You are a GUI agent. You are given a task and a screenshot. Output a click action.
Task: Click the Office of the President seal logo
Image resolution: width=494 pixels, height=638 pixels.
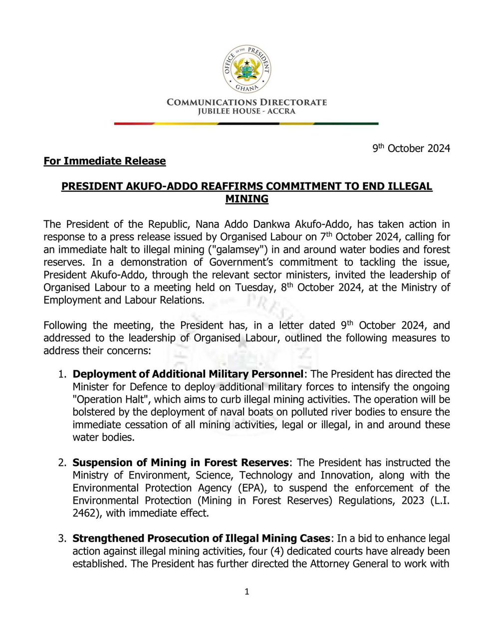click(x=247, y=68)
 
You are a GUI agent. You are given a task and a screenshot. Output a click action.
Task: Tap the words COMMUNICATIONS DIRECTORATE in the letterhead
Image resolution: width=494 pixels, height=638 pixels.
click(x=247, y=102)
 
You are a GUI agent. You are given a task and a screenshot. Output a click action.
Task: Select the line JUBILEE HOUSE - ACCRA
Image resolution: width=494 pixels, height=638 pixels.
click(x=247, y=111)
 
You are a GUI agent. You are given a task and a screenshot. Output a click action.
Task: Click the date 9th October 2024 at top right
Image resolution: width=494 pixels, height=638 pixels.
click(x=411, y=149)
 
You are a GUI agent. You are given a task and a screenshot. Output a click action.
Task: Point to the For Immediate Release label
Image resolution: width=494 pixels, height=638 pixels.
click(x=104, y=161)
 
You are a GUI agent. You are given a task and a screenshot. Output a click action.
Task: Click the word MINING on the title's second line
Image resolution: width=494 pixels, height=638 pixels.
click(x=247, y=199)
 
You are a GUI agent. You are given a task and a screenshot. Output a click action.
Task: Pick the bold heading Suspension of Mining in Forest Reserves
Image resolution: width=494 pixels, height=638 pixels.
click(x=181, y=463)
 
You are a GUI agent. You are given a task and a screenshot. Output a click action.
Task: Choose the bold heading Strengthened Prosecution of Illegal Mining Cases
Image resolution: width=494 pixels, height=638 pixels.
click(x=201, y=538)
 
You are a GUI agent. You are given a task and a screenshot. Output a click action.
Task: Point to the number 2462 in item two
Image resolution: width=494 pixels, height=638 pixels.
click(x=84, y=513)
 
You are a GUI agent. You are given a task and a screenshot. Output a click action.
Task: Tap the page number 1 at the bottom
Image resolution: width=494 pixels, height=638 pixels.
click(x=247, y=592)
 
